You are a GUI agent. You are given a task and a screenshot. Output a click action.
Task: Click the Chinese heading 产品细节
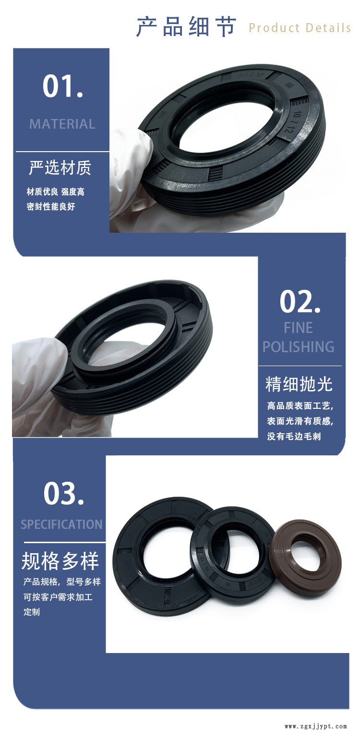pos(186,26)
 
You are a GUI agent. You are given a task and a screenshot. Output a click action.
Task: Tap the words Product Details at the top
pos(300,28)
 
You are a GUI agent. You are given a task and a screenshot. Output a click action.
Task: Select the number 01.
pos(62,86)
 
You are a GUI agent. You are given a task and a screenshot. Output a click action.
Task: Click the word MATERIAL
pos(62,124)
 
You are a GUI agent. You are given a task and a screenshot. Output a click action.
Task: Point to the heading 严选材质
pos(60,168)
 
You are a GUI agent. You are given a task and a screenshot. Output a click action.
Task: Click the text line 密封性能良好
pos(51,207)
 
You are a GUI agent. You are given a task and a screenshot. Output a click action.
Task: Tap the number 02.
pos(300,301)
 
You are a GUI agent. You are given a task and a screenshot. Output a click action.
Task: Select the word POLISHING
pos(298,346)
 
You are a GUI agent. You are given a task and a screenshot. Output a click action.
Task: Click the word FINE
pos(298,328)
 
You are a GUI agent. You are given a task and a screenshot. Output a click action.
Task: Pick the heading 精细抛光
pos(299,384)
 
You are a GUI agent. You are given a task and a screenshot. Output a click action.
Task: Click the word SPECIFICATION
pos(61,524)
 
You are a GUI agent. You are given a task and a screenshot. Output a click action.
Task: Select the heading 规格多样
pos(60,560)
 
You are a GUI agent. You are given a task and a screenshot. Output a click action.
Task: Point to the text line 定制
pos(32,612)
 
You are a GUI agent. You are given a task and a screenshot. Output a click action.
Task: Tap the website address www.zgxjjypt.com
pos(315,726)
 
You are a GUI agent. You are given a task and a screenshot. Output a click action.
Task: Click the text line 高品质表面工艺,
pos(300,406)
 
